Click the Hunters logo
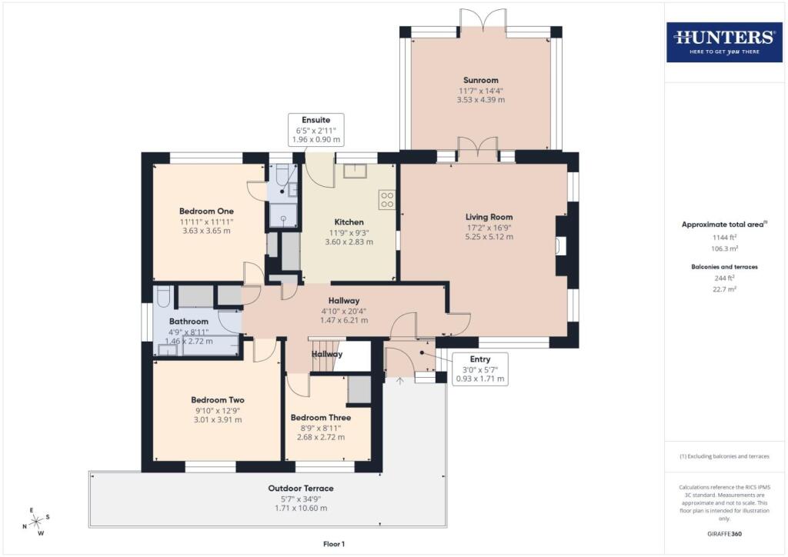click(x=724, y=42)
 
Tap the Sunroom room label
click(x=481, y=80)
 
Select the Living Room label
click(x=489, y=217)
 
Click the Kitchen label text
click(x=349, y=222)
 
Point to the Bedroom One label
click(x=206, y=211)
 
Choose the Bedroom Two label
click(x=218, y=400)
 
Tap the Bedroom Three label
click(x=321, y=418)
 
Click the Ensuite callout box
click(x=316, y=129)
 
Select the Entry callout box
click(x=480, y=369)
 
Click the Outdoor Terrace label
click(x=301, y=489)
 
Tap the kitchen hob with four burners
click(x=387, y=200)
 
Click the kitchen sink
click(x=356, y=171)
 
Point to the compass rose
click(x=35, y=522)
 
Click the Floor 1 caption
click(x=334, y=544)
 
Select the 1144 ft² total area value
click(x=724, y=237)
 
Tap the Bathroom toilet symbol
click(x=163, y=296)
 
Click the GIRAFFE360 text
click(x=724, y=534)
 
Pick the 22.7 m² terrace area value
click(x=724, y=289)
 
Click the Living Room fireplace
click(x=561, y=246)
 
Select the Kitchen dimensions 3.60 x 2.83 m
click(x=349, y=242)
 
